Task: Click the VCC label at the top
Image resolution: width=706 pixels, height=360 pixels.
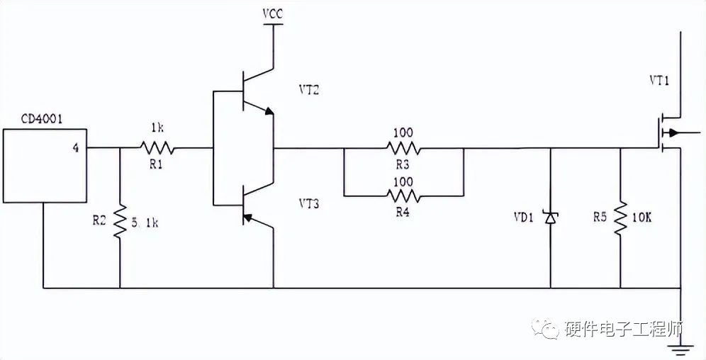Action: tap(273, 14)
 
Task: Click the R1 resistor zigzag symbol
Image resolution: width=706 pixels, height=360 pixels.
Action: tap(157, 149)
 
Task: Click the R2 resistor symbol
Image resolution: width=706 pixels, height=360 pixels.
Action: tap(120, 221)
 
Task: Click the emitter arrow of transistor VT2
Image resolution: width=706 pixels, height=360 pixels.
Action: tap(267, 111)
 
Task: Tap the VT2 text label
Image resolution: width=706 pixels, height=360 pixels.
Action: tap(310, 91)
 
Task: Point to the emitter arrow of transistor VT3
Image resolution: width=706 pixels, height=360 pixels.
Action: tap(247, 217)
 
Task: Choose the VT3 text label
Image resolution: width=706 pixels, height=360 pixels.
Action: tap(310, 205)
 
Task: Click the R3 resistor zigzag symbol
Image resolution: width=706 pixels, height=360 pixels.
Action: tap(403, 149)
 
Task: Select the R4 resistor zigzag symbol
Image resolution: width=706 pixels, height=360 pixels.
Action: tap(403, 195)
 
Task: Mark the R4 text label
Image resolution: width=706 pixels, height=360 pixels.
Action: tap(403, 210)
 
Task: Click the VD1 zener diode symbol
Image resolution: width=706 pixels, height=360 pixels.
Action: tap(551, 218)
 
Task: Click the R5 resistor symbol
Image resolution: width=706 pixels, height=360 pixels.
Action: tap(620, 218)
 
